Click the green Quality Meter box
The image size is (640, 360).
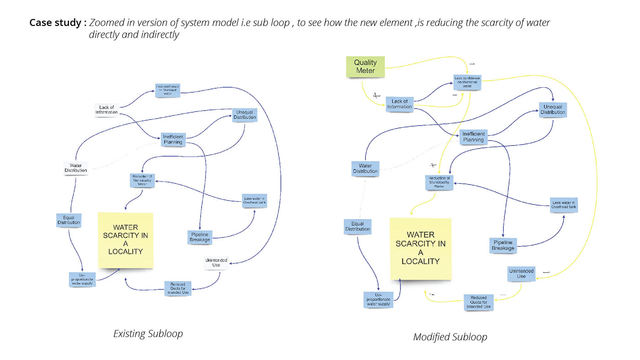point(365,67)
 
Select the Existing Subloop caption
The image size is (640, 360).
point(148,334)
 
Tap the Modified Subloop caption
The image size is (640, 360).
point(450,337)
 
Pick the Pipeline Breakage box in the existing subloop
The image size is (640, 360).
point(199,237)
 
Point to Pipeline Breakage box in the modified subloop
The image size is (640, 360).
point(503,245)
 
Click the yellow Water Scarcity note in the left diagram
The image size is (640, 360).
point(126,239)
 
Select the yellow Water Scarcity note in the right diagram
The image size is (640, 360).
point(420,249)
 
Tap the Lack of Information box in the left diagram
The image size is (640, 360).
point(107,110)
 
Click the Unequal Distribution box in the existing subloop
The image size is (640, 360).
point(245,115)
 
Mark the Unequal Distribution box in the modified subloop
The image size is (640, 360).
point(553,110)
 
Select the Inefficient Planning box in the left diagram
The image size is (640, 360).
point(173,139)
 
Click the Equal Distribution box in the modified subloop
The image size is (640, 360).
point(357,226)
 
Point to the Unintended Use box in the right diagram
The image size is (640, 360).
point(521,274)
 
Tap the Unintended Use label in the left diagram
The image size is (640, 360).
point(216,263)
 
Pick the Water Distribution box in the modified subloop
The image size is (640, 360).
point(365,168)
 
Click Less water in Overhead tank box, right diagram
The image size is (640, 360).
point(564,205)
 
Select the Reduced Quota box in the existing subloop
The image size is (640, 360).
point(178,288)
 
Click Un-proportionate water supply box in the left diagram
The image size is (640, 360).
point(82,280)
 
